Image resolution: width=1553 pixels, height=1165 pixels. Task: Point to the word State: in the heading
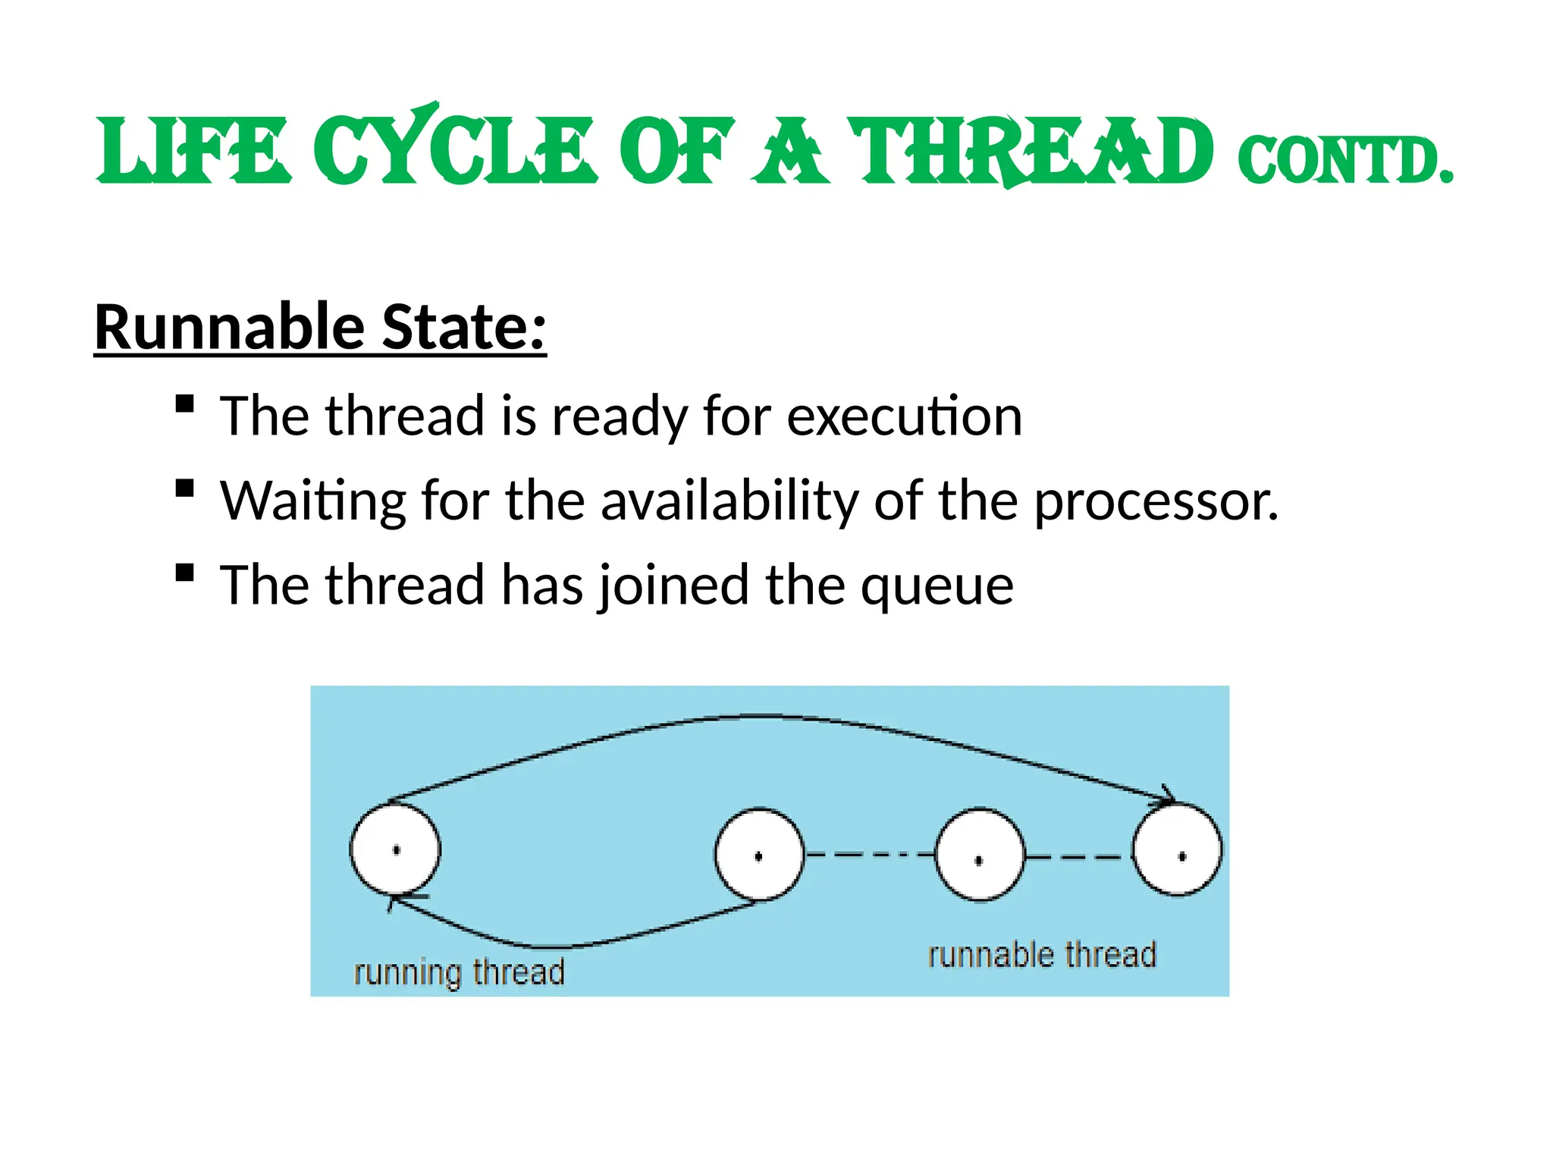(463, 328)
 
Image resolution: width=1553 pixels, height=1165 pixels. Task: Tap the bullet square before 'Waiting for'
(184, 488)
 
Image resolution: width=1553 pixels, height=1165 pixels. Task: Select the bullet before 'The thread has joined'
(184, 572)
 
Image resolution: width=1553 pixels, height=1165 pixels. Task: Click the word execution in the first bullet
(904, 417)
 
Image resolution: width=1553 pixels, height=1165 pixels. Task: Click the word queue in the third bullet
(937, 586)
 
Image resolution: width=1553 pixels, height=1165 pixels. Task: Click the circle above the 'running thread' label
(395, 849)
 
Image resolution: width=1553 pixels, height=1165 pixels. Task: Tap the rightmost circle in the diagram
(1177, 851)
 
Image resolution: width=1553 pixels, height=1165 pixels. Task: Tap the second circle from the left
(759, 855)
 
